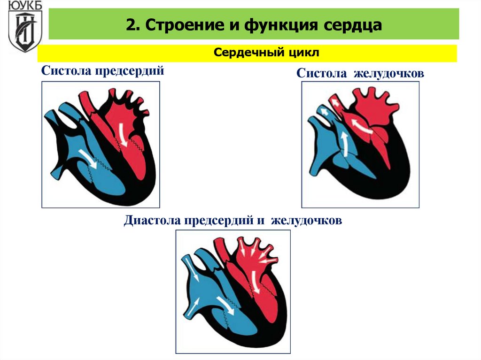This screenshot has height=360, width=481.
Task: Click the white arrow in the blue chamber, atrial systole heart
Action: [x=90, y=159]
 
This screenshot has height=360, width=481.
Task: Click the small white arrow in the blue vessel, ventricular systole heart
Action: [x=325, y=111]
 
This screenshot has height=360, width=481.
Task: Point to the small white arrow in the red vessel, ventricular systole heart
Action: [x=334, y=101]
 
